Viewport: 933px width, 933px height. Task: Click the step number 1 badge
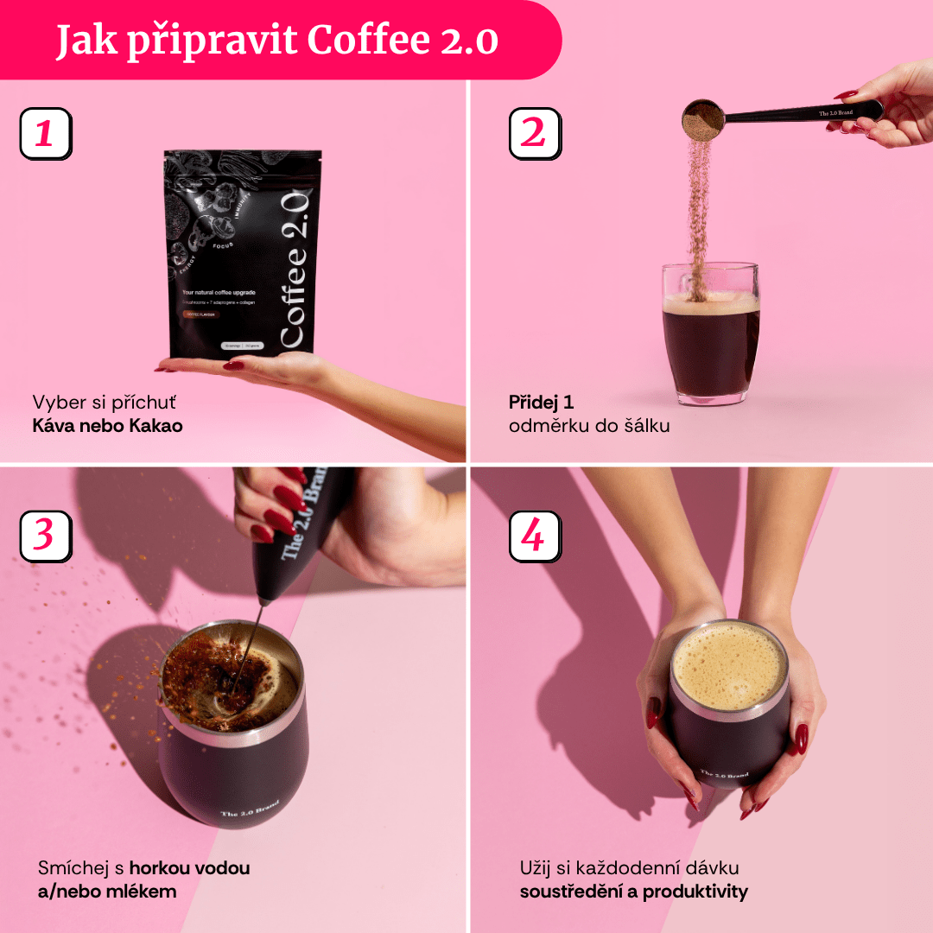point(45,134)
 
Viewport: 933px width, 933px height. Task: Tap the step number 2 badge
point(535,134)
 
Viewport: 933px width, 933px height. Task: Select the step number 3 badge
point(45,536)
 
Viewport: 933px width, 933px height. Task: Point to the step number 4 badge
point(535,536)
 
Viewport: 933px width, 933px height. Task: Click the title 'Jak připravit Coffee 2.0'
point(277,41)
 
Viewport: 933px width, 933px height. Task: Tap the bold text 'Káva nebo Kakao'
point(107,426)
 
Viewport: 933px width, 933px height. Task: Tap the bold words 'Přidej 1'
point(542,402)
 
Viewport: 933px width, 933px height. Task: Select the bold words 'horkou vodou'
point(189,867)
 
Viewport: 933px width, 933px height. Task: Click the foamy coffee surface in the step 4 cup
point(730,665)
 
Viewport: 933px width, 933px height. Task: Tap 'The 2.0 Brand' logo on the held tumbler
point(724,775)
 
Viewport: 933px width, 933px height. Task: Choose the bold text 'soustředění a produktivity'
point(634,892)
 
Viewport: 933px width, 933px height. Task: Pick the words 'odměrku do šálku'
point(589,426)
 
